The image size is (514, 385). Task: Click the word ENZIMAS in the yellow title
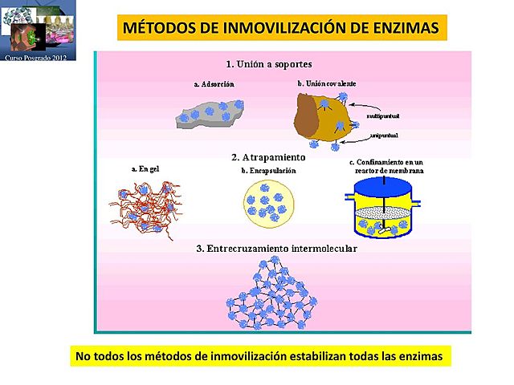[406, 29]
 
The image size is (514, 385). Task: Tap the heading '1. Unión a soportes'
[269, 63]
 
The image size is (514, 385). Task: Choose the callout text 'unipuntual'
[381, 136]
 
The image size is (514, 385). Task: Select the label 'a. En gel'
[145, 169]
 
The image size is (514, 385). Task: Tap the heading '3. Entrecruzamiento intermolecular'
[277, 249]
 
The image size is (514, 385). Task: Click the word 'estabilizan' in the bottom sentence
[317, 355]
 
